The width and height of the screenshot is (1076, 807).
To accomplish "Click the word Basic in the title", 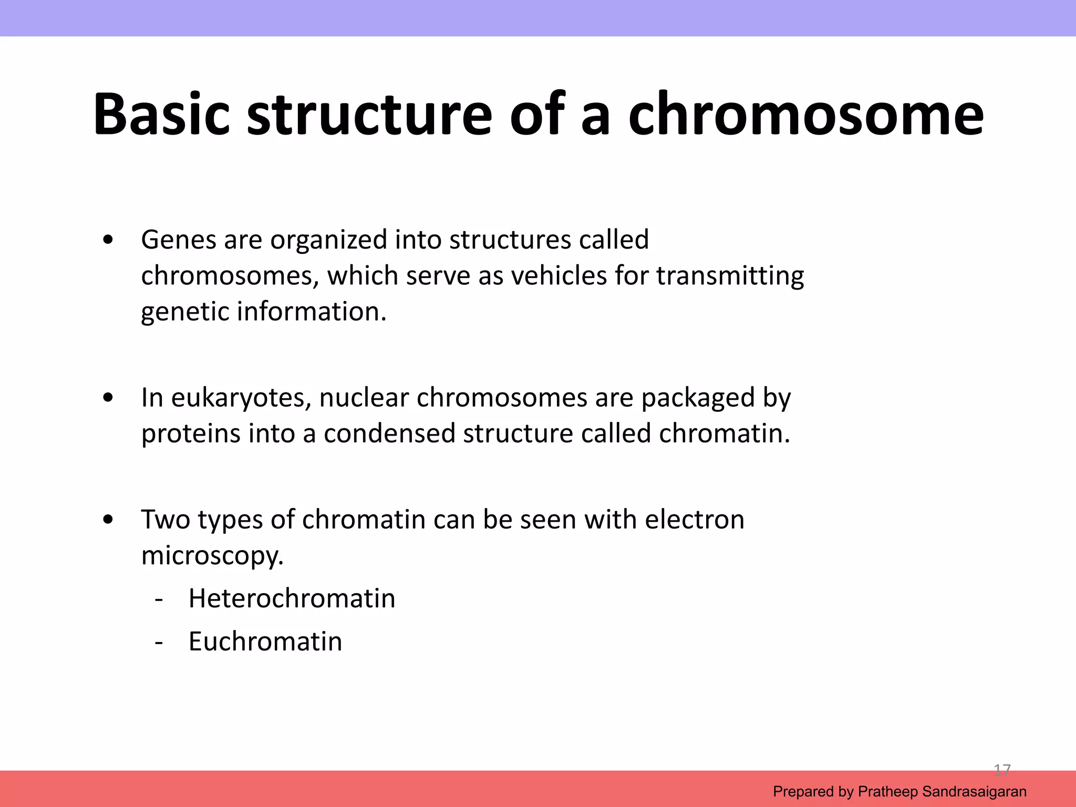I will tap(161, 115).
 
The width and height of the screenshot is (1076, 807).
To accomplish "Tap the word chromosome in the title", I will tap(805, 115).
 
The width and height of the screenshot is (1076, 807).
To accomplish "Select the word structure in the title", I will tap(369, 115).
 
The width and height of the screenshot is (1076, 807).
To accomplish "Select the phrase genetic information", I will tap(263, 312).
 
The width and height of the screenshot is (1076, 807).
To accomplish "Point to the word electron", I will tap(694, 520).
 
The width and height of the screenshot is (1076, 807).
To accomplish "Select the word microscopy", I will tap(212, 555).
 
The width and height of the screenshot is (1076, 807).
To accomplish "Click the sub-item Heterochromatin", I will tap(292, 598).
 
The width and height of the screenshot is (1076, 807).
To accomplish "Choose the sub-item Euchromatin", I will tap(265, 642).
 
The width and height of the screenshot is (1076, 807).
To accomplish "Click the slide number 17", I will tap(1002, 770).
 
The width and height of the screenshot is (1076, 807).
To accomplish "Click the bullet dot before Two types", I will tap(108, 520).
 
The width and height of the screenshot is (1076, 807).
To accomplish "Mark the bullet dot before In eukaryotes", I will tap(108, 398).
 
